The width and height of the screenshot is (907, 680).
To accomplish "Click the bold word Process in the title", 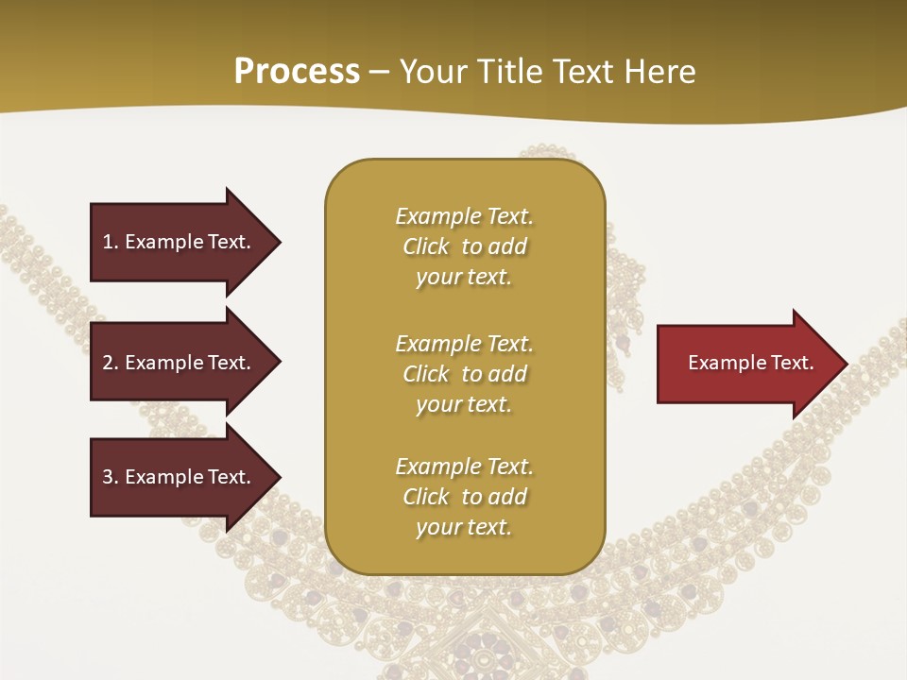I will click(x=297, y=72).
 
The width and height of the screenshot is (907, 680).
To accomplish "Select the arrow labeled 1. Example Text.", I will click(x=180, y=242).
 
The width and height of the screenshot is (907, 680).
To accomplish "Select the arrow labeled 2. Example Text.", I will click(x=180, y=363).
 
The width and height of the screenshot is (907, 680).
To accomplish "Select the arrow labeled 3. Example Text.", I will click(x=180, y=477).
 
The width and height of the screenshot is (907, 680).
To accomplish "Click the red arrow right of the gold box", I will click(x=746, y=364).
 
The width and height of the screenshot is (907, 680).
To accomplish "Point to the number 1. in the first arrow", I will click(x=111, y=242).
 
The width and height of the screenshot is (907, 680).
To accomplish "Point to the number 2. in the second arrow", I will click(x=111, y=363).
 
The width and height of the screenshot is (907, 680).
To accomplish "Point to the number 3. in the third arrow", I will click(x=111, y=477).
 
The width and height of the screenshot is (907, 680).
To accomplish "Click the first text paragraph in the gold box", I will click(x=464, y=246).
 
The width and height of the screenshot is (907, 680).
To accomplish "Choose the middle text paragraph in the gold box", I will click(x=464, y=374).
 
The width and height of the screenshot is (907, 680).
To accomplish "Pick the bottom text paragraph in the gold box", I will click(x=464, y=497).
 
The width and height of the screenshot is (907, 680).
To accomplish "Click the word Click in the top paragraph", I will click(x=425, y=246).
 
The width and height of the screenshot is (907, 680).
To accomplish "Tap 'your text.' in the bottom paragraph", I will click(x=464, y=527).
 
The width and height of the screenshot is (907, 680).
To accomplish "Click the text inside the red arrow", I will click(x=750, y=363).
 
